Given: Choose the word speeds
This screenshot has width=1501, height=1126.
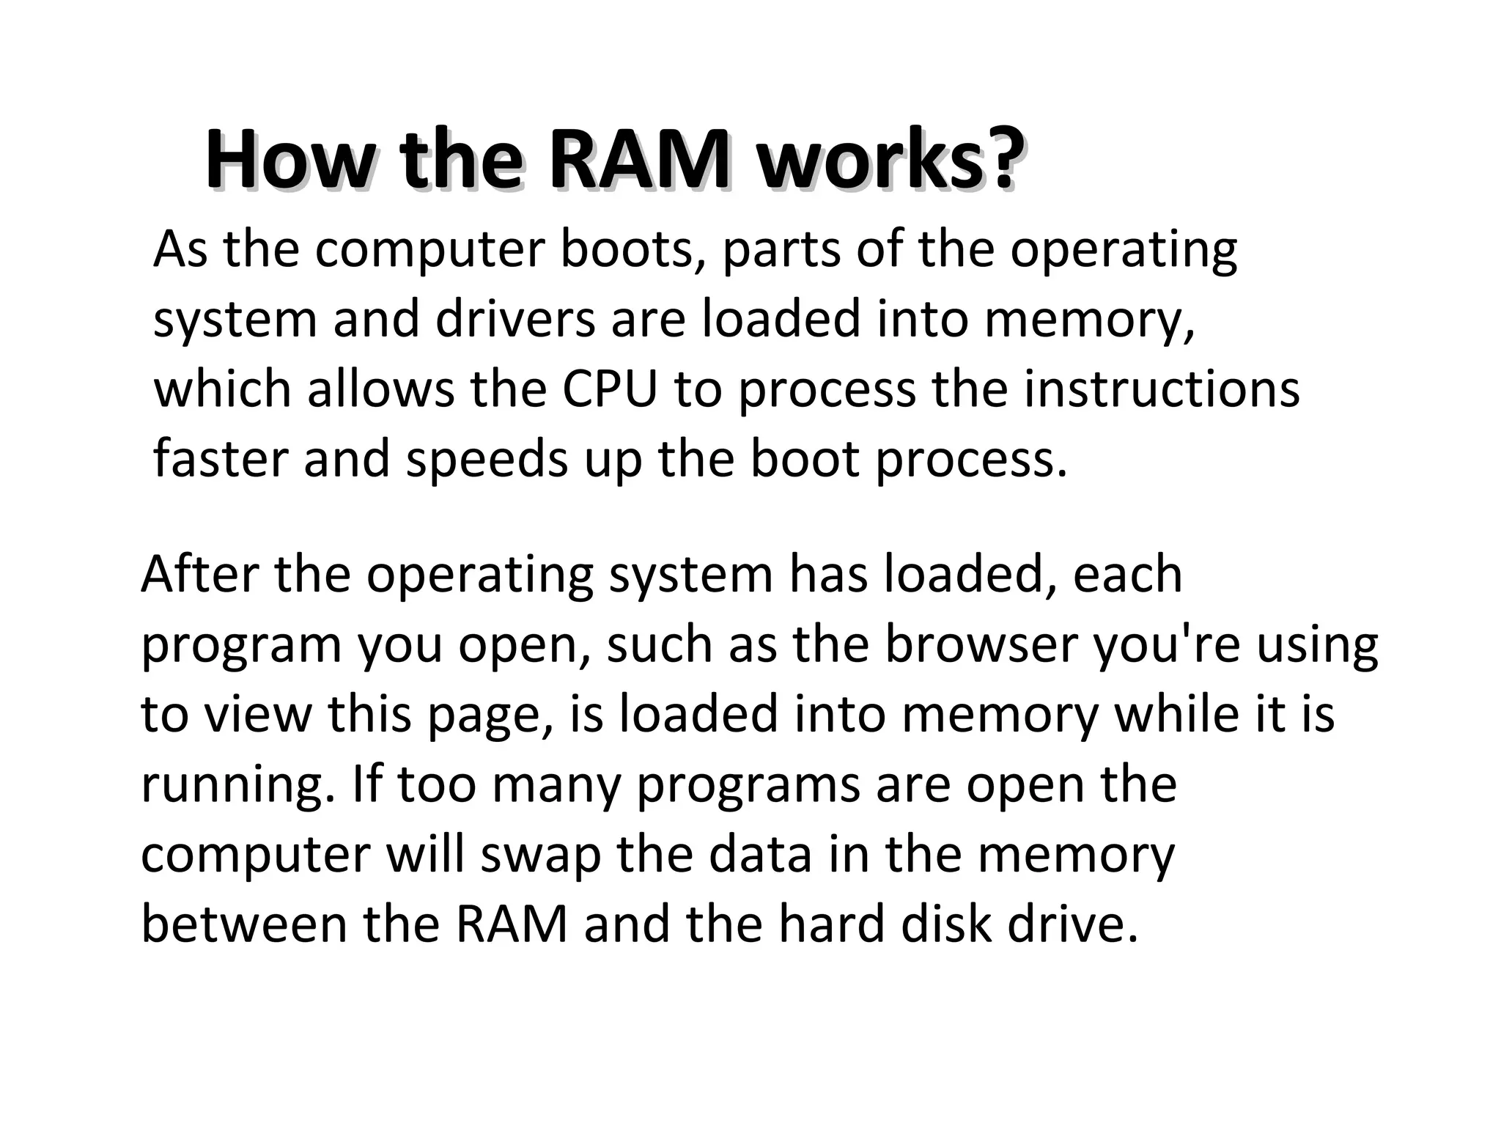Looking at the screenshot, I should pos(487,460).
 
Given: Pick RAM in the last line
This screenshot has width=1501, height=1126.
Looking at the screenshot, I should pos(511,924).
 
